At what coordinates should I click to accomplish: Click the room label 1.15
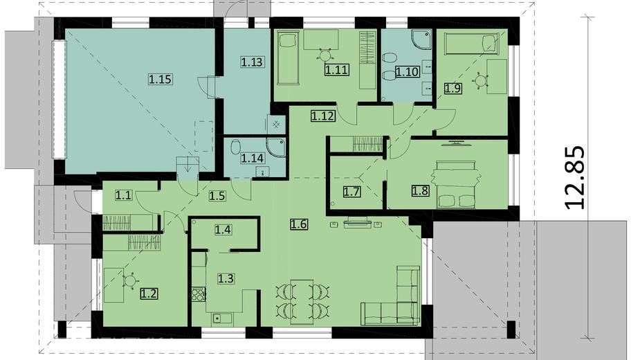click(160, 79)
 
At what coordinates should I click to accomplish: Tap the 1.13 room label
click(252, 62)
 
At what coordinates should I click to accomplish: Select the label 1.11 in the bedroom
click(336, 70)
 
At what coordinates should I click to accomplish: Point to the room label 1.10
click(407, 72)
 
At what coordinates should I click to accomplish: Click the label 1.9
click(452, 88)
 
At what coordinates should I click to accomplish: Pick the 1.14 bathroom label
click(253, 159)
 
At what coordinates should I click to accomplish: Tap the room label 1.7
click(351, 191)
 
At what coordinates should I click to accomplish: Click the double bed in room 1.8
click(456, 184)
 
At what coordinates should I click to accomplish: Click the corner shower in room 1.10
click(421, 39)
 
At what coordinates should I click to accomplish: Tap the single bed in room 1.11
click(289, 58)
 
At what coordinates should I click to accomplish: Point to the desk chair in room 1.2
click(129, 280)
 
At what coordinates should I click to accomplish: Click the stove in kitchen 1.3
click(199, 294)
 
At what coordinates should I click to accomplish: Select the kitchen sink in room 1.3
click(221, 318)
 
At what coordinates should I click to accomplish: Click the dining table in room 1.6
click(302, 302)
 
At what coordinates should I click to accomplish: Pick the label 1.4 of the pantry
click(223, 230)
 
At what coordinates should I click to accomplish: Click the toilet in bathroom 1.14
click(235, 147)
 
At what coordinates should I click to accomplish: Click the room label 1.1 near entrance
click(123, 196)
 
